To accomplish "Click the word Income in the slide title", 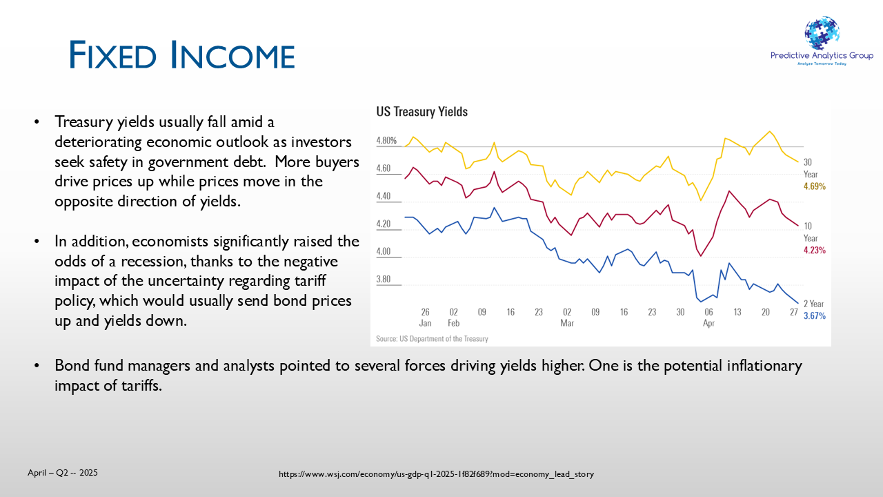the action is point(232,55).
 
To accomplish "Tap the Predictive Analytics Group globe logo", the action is point(822,34).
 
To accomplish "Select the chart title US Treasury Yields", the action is point(421,112).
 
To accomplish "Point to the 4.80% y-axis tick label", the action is point(386,141).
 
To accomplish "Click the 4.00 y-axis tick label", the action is point(383,251).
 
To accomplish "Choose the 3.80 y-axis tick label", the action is point(383,280).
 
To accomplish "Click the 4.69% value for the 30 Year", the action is point(815,186).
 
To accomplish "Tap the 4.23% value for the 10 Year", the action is point(815,250).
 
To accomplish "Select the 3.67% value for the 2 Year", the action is point(815,316).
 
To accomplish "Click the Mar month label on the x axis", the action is point(567,323).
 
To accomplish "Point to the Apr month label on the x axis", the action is point(708,323).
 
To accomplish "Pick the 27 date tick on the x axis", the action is point(793,312).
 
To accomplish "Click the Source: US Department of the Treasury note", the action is point(432,339).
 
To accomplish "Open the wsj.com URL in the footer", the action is point(437,474).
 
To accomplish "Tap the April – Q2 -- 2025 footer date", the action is point(63,473).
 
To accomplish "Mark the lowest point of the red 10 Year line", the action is point(700,256).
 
